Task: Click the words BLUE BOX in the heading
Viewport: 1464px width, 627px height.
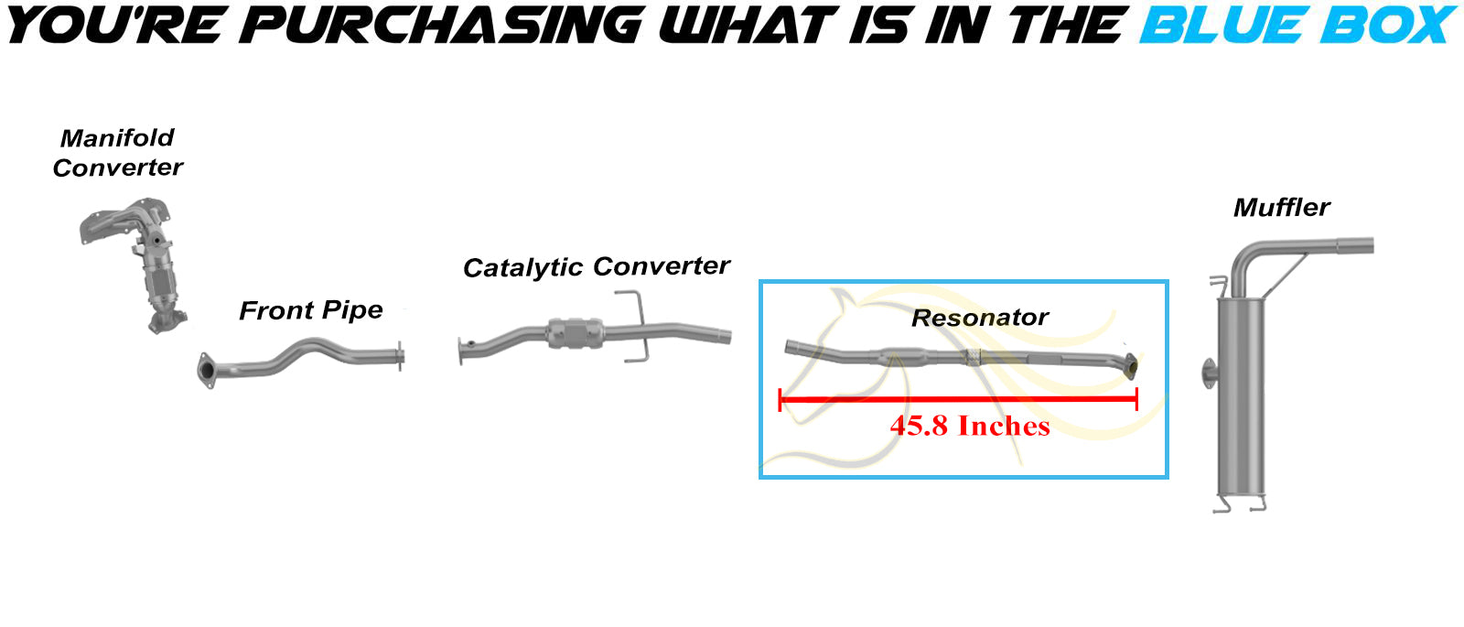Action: pos(1298,25)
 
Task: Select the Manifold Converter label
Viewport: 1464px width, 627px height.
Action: pos(118,153)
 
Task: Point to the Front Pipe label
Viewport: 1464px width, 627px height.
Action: pos(310,310)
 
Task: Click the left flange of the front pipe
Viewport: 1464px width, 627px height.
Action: pos(207,370)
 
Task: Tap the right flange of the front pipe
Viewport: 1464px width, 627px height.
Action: pos(400,356)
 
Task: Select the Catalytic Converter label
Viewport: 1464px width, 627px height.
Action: pos(596,266)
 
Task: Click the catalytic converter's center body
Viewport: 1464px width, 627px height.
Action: pos(575,333)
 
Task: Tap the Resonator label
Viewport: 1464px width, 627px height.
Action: pos(980,318)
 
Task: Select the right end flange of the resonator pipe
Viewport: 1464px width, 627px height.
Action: pos(1130,366)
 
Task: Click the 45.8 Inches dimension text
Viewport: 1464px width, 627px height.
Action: pos(970,427)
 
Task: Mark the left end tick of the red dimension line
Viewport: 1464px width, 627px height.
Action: pos(780,399)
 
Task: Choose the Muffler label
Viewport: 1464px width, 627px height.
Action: pos(1282,208)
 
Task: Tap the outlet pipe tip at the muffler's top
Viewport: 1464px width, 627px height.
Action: pos(1355,246)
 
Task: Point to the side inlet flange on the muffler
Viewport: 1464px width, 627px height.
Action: pos(1209,373)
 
